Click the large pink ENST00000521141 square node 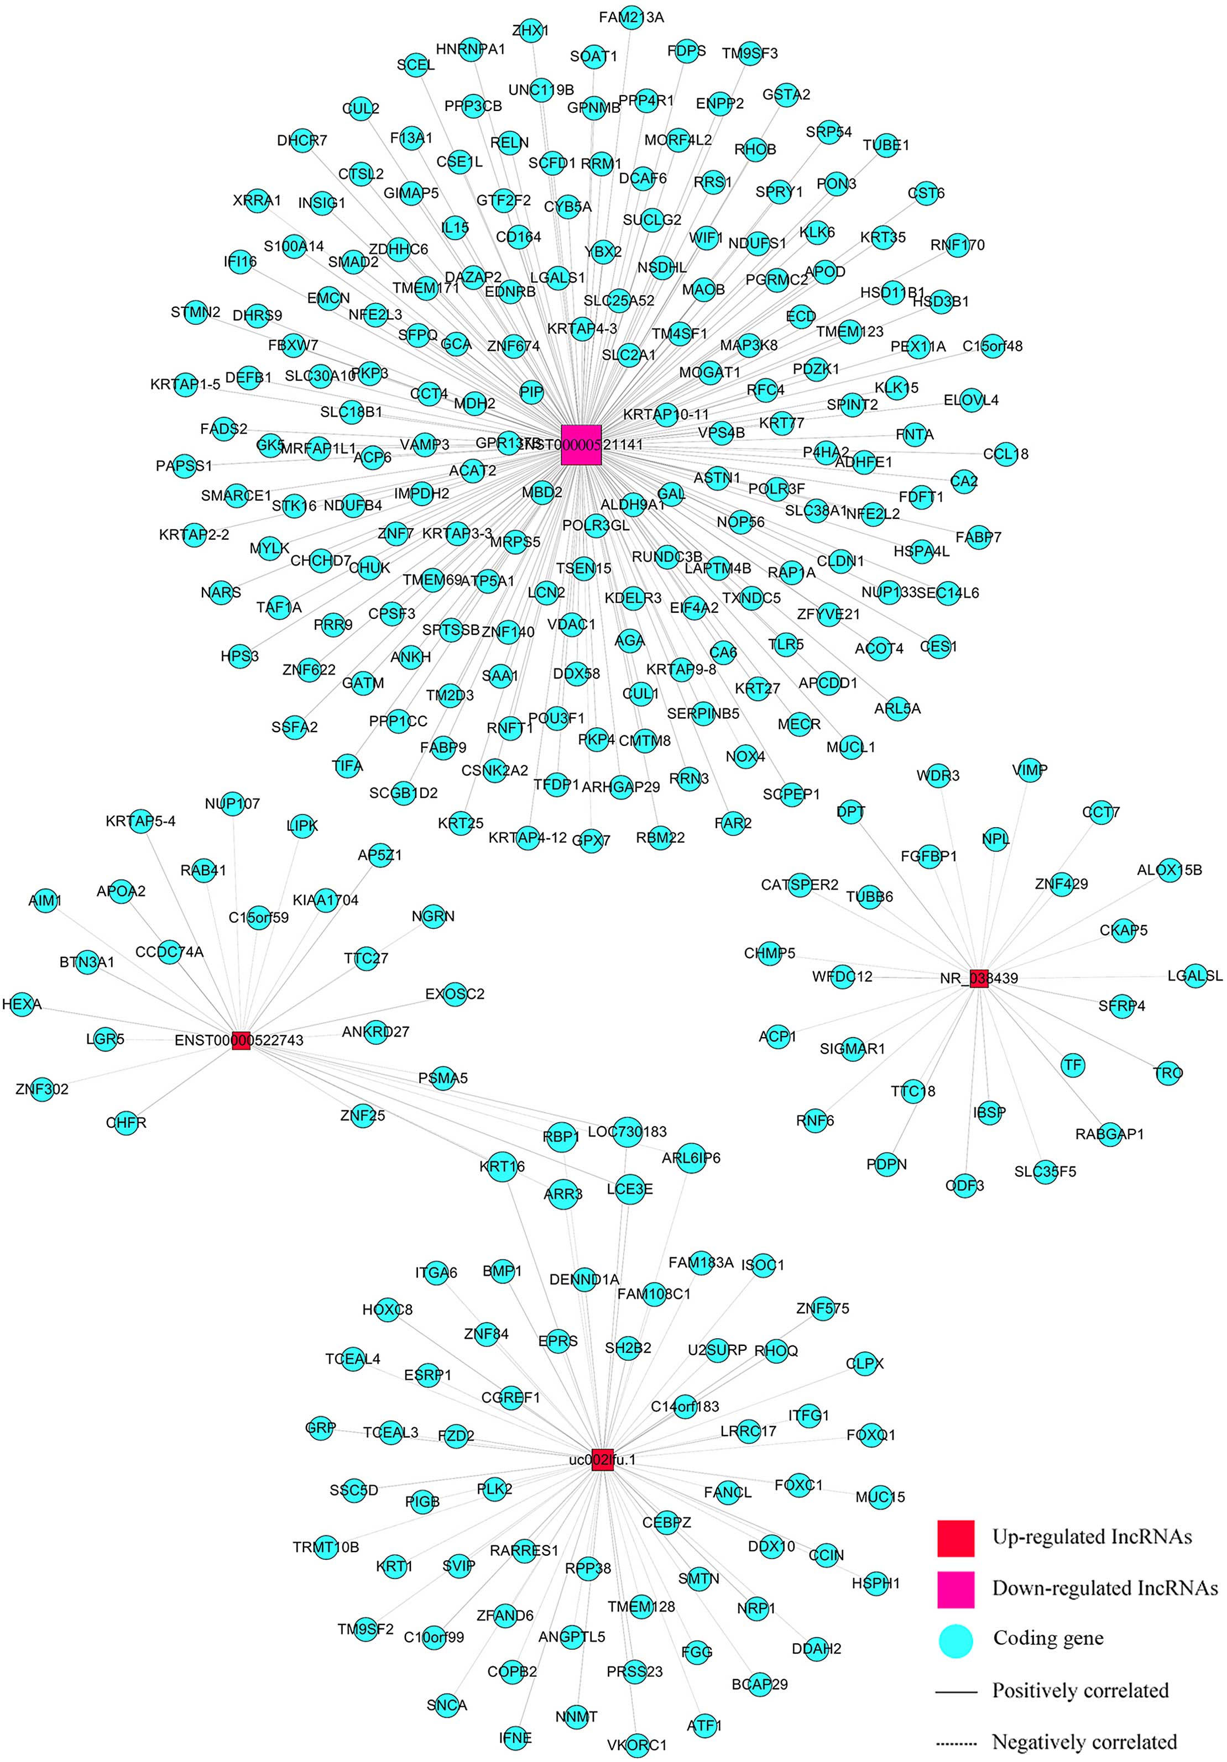[x=581, y=444]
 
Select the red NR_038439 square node [x=978, y=978]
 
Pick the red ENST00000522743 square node [x=241, y=1040]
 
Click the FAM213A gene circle [x=630, y=17]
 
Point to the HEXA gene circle [x=22, y=1004]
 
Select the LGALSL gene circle [x=1195, y=976]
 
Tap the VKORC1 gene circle [x=636, y=1744]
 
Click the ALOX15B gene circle [x=1168, y=870]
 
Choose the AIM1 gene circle [x=45, y=900]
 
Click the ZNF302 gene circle [x=41, y=1088]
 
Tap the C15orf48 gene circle [x=992, y=346]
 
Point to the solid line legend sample [x=956, y=1691]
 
